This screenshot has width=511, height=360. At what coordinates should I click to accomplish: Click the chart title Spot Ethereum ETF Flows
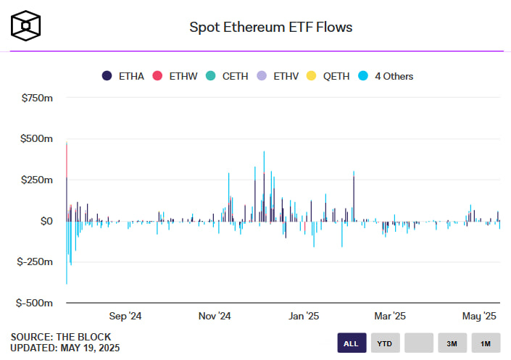click(271, 27)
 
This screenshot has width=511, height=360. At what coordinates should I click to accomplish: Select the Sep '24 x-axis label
click(125, 316)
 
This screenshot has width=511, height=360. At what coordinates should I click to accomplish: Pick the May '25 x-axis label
click(480, 316)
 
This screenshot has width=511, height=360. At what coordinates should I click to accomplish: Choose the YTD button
click(385, 343)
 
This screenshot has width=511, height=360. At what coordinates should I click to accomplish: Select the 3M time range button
click(452, 343)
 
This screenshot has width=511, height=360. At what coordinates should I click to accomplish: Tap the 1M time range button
click(485, 343)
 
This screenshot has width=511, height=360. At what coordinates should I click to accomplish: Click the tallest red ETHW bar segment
click(67, 159)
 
